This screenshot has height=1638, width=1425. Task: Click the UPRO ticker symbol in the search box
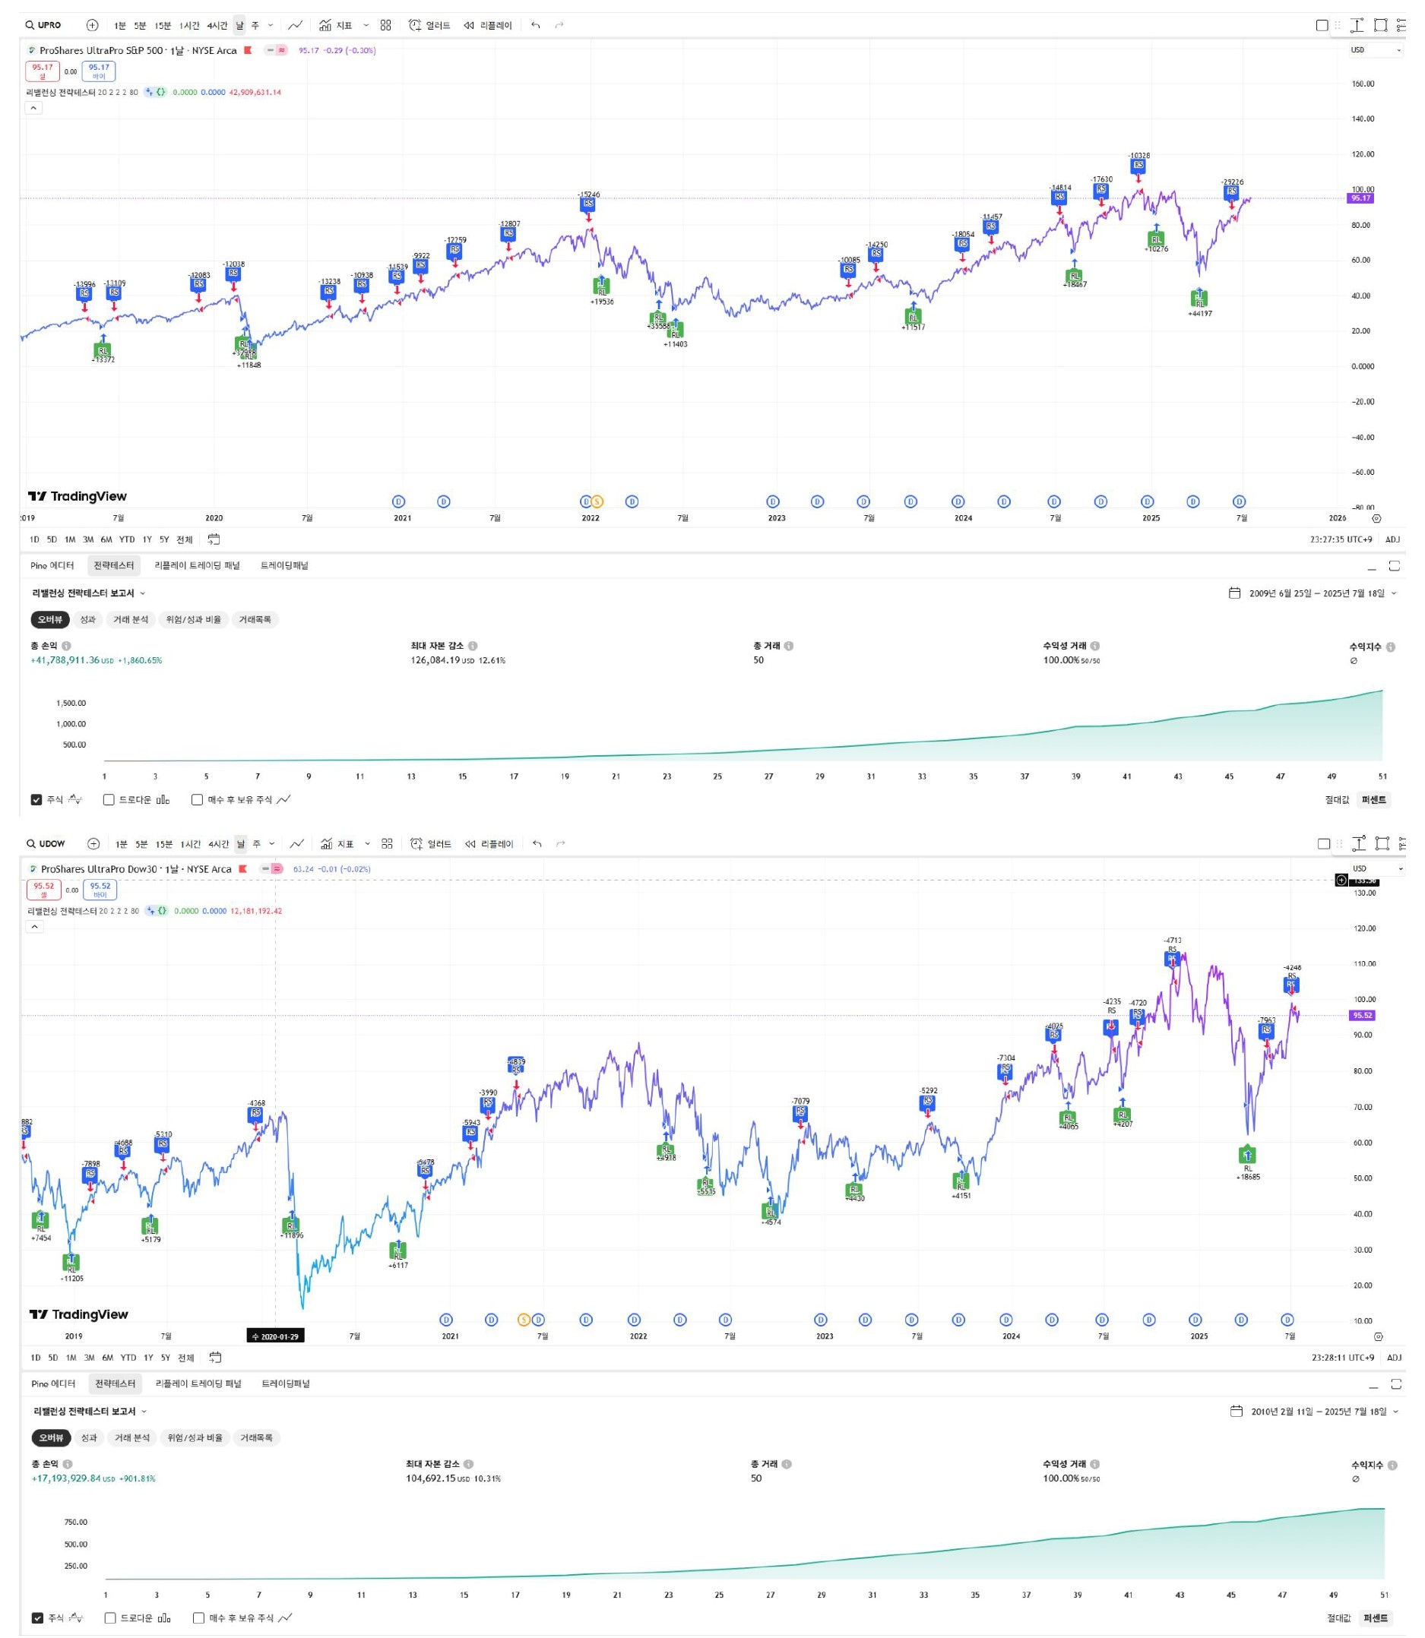49,25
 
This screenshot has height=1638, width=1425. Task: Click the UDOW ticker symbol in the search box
52,844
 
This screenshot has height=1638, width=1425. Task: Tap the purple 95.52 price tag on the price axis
1362,1016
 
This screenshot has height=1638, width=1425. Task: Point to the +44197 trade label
1200,314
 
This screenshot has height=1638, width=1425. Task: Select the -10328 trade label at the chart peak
1138,156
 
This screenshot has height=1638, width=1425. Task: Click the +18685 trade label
1248,1177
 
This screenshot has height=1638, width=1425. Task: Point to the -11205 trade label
71,1279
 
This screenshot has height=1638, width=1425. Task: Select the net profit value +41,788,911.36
65,660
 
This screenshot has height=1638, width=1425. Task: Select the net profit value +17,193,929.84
67,1479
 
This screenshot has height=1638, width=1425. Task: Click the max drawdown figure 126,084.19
435,660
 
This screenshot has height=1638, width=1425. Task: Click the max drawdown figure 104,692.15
430,1479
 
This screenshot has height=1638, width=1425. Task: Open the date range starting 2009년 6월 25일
1316,593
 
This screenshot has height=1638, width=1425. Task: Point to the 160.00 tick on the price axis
1363,84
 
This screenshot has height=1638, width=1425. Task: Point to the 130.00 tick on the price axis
1364,893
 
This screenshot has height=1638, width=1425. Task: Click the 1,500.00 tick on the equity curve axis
71,704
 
